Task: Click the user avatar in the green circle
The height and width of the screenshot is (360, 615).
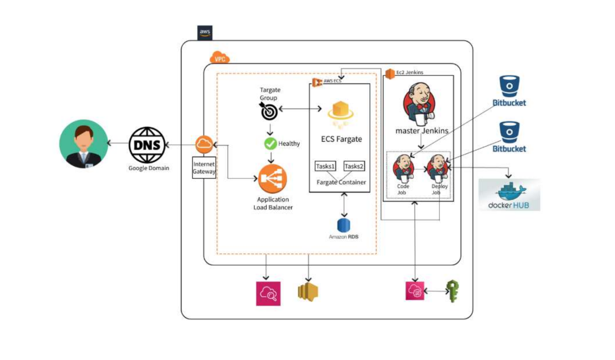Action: click(x=83, y=144)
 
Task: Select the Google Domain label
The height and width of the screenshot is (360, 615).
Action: click(x=148, y=168)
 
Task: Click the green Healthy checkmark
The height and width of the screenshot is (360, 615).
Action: click(x=271, y=143)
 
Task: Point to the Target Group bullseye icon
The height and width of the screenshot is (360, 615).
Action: click(x=268, y=111)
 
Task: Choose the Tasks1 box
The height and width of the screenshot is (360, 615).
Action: click(x=325, y=166)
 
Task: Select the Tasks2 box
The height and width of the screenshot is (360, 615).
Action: click(x=355, y=166)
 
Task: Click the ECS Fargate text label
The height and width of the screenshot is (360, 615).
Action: click(x=341, y=139)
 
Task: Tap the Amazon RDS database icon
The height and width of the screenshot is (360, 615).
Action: click(x=344, y=225)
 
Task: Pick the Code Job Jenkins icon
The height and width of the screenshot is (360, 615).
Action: click(x=403, y=167)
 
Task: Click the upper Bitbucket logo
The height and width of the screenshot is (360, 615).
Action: click(x=509, y=87)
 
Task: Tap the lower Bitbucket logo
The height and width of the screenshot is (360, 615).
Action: click(x=509, y=133)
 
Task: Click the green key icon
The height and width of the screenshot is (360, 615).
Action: click(x=453, y=291)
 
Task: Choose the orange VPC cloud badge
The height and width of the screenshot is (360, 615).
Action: click(x=220, y=59)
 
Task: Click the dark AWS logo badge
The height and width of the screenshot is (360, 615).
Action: click(x=205, y=33)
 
